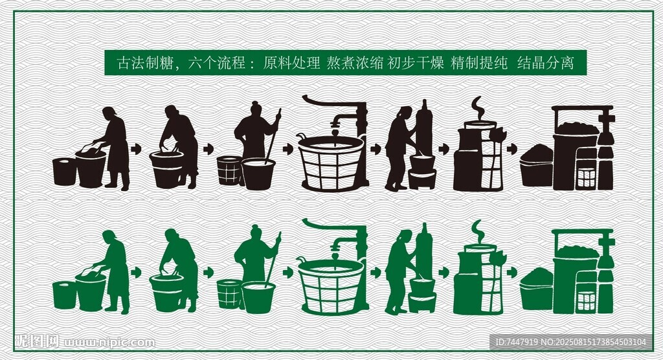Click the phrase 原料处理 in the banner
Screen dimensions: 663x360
292,63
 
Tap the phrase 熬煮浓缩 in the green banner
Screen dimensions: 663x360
355,63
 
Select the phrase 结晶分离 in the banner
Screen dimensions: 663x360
545,63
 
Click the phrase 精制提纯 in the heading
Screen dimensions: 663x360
479,63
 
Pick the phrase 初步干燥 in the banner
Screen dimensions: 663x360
416,63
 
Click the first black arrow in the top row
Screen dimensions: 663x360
136,150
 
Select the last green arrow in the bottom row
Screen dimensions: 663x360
511,273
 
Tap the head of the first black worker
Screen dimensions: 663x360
109,113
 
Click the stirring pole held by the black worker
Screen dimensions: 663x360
273,136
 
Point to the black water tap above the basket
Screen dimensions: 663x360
335,122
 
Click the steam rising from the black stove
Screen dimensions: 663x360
477,107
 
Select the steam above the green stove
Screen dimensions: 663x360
477,231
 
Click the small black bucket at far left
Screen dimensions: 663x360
64,172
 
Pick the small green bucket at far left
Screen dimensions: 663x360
64,295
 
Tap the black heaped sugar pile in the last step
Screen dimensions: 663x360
537,154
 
